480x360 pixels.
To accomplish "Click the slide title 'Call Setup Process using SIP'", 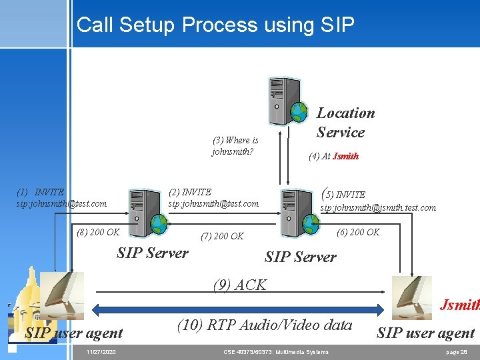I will [x=215, y=25].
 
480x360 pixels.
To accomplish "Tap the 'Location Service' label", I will [x=345, y=123].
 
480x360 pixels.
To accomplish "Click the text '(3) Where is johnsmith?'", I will [x=235, y=145].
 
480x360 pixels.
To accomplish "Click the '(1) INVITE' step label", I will [x=40, y=192].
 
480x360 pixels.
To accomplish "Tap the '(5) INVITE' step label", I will [x=343, y=194].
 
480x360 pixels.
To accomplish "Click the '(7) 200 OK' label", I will [x=222, y=236].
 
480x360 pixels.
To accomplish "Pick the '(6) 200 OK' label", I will [x=358, y=232].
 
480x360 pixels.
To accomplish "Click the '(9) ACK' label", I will [x=239, y=285].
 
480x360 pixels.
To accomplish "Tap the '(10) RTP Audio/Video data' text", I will [x=265, y=325].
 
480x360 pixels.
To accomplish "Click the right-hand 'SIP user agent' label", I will [x=425, y=333].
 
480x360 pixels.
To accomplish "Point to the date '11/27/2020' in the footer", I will [x=101, y=351].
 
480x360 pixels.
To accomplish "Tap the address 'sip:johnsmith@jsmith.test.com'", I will [x=378, y=208].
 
